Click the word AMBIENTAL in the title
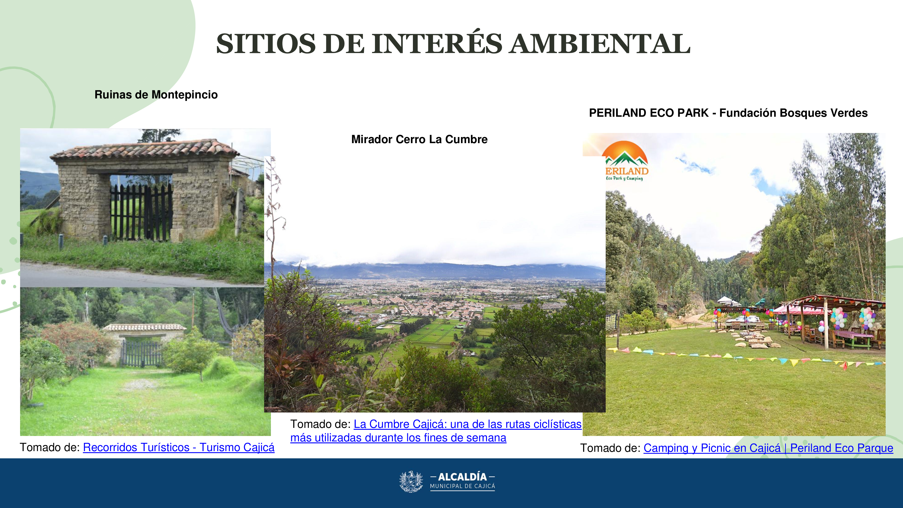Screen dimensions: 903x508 (600, 44)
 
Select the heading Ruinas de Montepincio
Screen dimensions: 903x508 (156, 95)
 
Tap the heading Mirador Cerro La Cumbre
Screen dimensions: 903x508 (419, 140)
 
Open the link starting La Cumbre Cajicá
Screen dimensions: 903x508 (436, 431)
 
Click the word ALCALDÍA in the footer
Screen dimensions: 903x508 (462, 477)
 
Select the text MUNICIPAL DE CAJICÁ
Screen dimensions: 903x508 (462, 486)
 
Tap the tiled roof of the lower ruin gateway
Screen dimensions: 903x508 (144, 327)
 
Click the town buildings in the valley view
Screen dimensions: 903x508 (435, 298)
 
